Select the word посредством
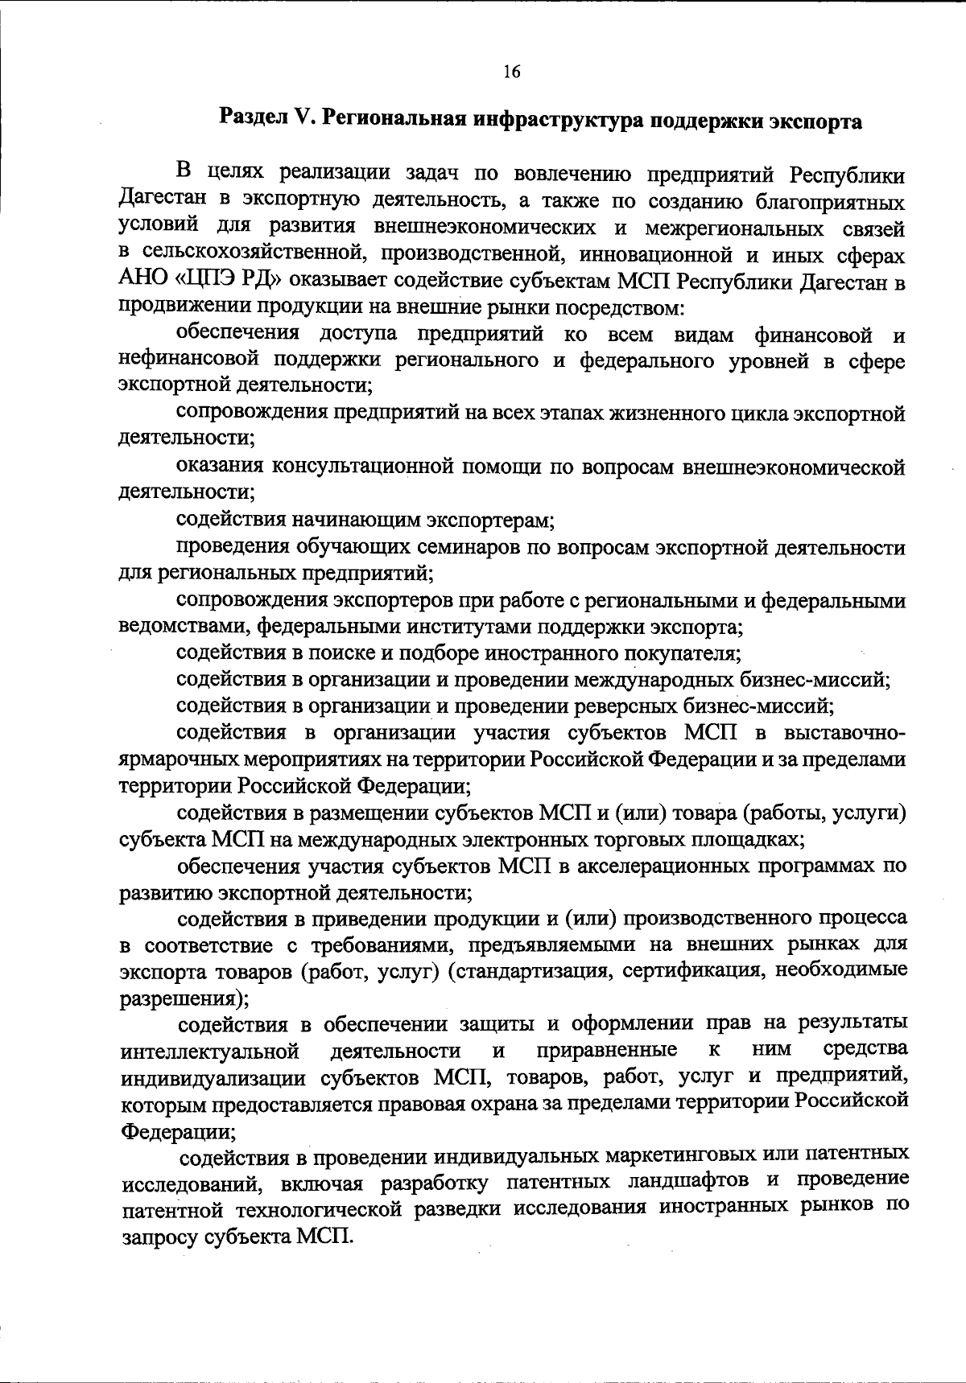[x=632, y=307]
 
